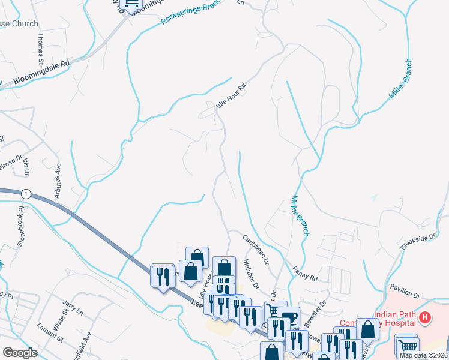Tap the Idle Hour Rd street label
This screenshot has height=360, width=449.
pos(232,96)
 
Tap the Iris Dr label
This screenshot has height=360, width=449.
pos(26,167)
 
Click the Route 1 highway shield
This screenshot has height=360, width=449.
pos(26,194)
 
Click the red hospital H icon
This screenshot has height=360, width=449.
pos(425,317)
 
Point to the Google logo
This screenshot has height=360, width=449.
pos(20,353)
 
